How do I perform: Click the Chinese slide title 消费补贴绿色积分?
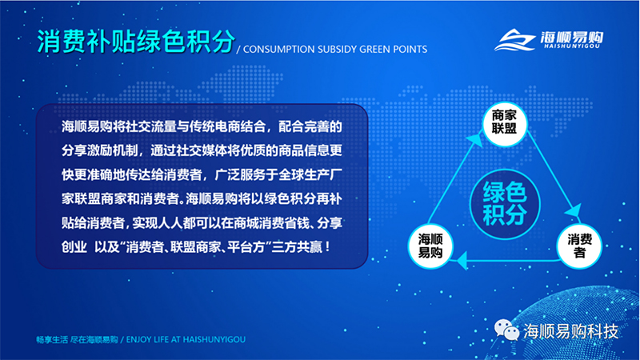click(x=136, y=42)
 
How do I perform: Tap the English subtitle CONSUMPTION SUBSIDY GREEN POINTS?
click(x=335, y=50)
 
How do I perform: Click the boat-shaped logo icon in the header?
click(x=514, y=40)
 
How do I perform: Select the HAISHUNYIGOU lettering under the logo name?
click(x=572, y=46)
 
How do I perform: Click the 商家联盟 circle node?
click(x=505, y=124)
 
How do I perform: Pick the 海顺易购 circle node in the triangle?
click(x=430, y=246)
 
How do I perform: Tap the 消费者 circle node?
click(x=579, y=246)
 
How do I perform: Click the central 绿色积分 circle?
click(x=505, y=204)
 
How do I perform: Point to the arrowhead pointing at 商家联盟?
click(x=475, y=139)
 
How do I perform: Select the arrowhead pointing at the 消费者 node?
click(x=574, y=210)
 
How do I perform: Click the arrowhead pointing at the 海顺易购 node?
click(x=462, y=260)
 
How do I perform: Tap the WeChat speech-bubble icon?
click(x=506, y=330)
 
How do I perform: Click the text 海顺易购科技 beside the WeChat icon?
click(x=571, y=331)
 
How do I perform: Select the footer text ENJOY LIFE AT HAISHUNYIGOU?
click(x=186, y=339)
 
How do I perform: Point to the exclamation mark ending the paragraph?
click(x=328, y=247)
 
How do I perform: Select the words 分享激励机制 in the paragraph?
click(x=99, y=151)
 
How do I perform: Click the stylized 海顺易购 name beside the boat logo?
click(x=572, y=37)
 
